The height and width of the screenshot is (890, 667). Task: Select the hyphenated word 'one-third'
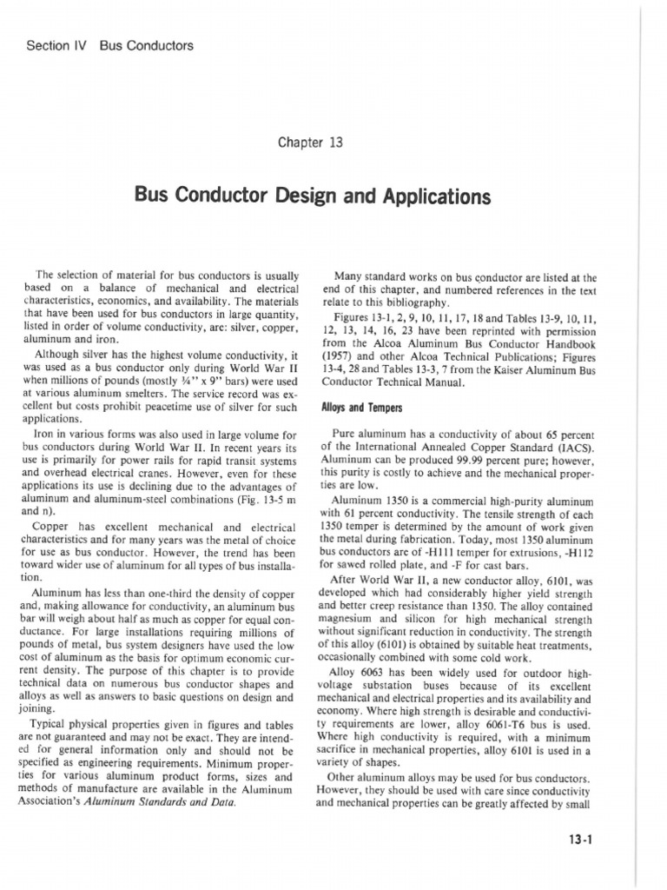click(x=149, y=588)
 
